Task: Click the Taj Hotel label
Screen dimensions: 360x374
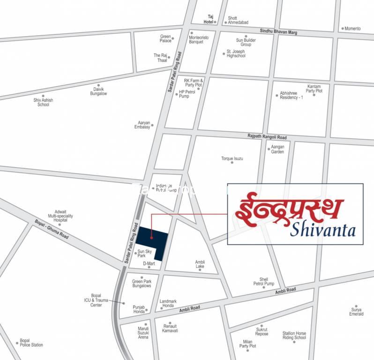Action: tap(208, 19)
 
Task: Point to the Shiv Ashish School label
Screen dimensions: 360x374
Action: tap(43, 102)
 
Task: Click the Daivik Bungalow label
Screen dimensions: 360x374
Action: tap(98, 91)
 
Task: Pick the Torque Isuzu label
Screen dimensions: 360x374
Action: tap(232, 158)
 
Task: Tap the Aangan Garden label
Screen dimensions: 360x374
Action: tap(277, 149)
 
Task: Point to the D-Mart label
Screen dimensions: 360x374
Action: tap(149, 263)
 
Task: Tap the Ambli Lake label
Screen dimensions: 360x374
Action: tap(200, 264)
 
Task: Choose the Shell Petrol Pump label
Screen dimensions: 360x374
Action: tap(264, 282)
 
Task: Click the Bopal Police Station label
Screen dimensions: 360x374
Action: tap(31, 343)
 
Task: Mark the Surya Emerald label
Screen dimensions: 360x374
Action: tap(356, 312)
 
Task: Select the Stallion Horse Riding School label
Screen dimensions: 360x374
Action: tap(294, 335)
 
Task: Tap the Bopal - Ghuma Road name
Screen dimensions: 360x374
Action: tap(52, 230)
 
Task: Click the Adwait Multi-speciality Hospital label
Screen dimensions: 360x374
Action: tap(60, 215)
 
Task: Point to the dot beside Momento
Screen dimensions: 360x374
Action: tap(343, 29)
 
